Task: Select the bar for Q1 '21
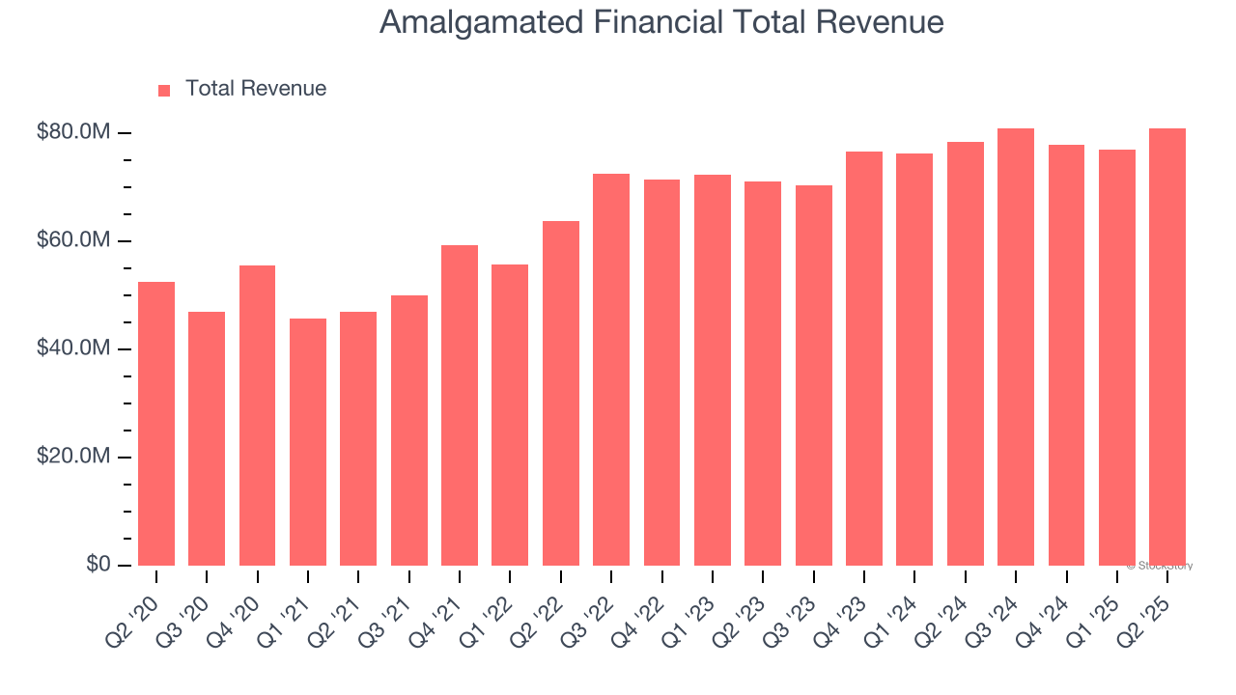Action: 308,441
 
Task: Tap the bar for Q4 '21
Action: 460,404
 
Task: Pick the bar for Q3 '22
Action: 611,369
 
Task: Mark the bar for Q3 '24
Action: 1016,347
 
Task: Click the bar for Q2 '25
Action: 1167,347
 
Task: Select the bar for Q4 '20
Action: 257,415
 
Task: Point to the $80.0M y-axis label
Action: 73,132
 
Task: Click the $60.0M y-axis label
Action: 73,240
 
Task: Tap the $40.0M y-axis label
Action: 73,348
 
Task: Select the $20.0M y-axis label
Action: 73,457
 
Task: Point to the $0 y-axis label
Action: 98,565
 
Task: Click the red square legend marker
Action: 164,90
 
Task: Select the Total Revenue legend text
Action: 256,89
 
